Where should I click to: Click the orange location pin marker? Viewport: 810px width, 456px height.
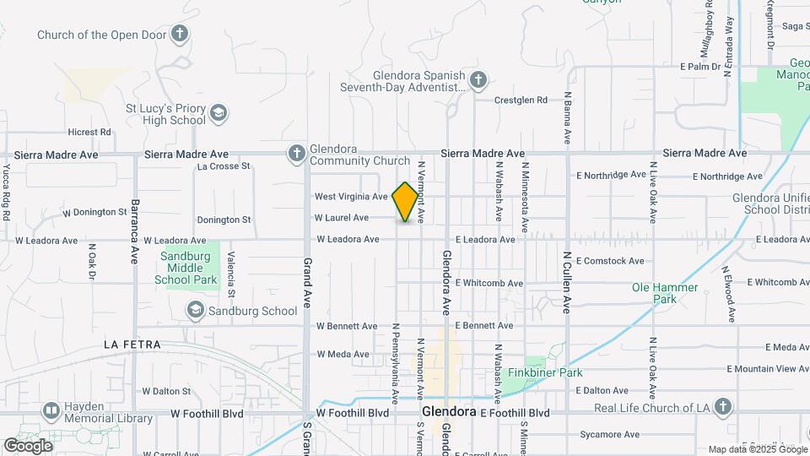point(406,202)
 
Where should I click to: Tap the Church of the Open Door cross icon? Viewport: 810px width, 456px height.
point(179,35)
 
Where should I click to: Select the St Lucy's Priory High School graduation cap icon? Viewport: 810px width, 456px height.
point(219,113)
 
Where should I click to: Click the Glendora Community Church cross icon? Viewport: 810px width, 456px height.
point(296,153)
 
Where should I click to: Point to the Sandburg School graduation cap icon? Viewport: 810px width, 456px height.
point(196,311)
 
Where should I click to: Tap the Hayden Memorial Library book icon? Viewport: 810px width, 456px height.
point(51,411)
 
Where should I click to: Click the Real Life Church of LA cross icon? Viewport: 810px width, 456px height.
point(721,408)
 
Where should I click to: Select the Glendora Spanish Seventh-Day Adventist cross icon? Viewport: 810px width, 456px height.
point(478,80)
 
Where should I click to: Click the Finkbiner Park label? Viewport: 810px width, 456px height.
point(545,372)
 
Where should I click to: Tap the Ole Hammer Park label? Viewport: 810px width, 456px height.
point(665,293)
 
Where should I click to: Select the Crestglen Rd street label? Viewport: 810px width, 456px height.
point(521,100)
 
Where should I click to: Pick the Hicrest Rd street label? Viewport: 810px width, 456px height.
point(89,132)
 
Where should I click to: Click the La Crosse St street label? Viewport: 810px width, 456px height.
point(224,166)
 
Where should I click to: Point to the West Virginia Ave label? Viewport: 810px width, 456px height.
point(351,196)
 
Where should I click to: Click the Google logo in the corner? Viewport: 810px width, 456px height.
point(28,445)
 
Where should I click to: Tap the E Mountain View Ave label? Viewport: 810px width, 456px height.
point(767,369)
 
